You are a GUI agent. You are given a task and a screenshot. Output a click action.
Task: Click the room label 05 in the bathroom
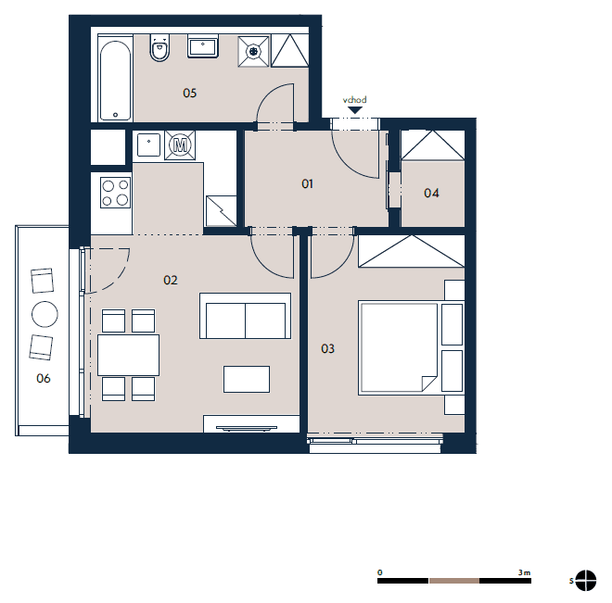point(190,93)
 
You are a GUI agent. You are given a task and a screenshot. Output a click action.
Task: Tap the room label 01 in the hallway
point(307,183)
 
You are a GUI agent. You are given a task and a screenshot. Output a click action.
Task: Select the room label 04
point(431,193)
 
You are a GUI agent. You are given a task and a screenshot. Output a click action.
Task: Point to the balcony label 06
point(44,378)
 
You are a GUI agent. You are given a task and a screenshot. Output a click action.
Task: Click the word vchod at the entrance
point(355,100)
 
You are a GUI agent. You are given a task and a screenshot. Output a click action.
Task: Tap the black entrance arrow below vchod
point(355,110)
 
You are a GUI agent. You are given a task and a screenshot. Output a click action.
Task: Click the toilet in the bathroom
point(159,48)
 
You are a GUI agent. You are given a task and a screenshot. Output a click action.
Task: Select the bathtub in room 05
point(115,81)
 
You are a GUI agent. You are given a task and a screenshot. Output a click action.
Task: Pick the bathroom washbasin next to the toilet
point(202,46)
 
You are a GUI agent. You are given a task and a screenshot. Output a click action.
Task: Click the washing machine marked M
point(180,145)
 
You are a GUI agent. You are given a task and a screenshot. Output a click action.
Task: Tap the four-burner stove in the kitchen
point(115,193)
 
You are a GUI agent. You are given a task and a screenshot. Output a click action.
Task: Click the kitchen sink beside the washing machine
point(148,145)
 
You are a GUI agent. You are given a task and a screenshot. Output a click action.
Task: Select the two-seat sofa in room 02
point(245,316)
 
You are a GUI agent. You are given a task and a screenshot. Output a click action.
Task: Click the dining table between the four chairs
point(128,355)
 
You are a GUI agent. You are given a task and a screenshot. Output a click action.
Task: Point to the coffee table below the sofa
point(247,379)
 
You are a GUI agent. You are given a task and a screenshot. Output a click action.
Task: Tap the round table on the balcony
point(45,314)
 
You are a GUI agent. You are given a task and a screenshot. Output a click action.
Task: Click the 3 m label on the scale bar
point(524,572)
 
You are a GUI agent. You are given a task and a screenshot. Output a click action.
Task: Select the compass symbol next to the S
point(585,581)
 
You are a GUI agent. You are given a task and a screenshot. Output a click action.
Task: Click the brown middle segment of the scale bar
point(454,581)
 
